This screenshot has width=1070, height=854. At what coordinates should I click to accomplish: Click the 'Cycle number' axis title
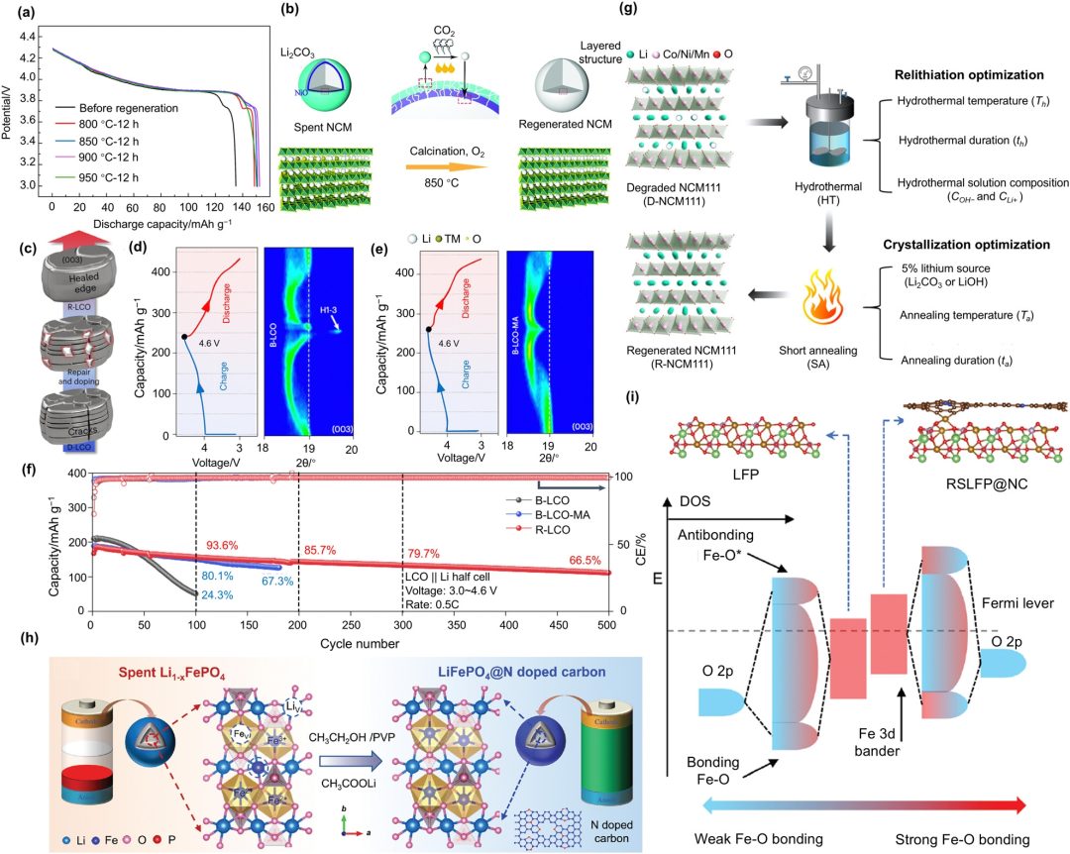coord(347,644)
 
